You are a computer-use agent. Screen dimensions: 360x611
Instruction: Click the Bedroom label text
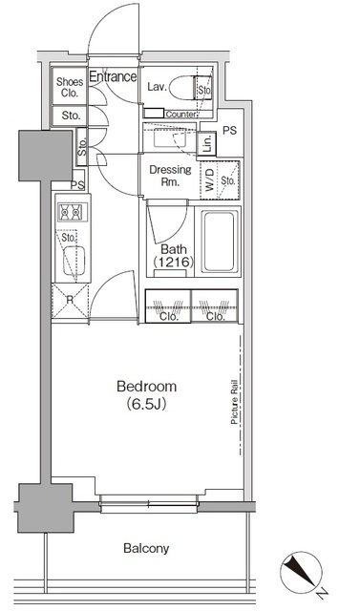[x=146, y=387]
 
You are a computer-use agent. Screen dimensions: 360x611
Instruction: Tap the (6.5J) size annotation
[x=146, y=405]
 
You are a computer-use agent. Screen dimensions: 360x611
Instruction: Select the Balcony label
[x=146, y=548]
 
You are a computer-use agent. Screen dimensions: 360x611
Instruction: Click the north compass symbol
[x=302, y=571]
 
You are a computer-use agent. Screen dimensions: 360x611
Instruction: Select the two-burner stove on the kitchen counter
[x=73, y=212]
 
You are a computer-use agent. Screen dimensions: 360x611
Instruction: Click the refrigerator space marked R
[x=70, y=301]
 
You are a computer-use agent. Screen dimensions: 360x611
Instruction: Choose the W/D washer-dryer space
[x=209, y=180]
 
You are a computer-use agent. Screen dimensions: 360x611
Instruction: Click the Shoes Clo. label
[x=70, y=87]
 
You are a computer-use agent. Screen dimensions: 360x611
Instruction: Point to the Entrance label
[x=113, y=76]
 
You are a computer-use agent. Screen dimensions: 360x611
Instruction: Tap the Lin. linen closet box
[x=207, y=143]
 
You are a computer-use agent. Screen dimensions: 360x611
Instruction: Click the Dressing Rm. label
[x=170, y=176]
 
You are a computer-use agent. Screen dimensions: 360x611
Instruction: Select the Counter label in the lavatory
[x=180, y=115]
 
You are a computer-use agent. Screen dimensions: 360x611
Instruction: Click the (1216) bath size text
[x=174, y=262]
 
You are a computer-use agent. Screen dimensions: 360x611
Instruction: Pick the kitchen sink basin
[x=74, y=261]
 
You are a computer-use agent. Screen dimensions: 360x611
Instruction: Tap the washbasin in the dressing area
[x=171, y=137]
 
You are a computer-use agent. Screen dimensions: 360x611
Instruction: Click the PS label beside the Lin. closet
[x=230, y=131]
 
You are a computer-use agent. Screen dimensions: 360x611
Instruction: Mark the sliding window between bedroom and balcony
[x=148, y=503]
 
